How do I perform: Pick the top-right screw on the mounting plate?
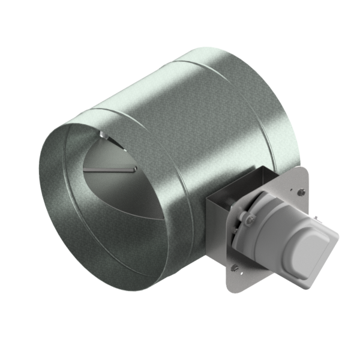click(x=301, y=192)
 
